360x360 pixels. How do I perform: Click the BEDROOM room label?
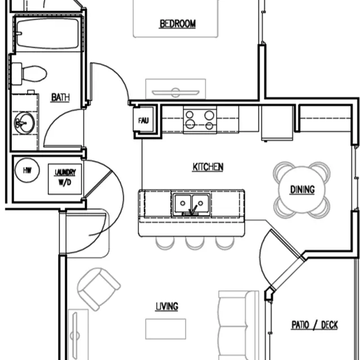(x=177, y=24)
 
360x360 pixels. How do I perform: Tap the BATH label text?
(x=60, y=97)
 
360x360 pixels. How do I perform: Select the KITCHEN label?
(x=208, y=166)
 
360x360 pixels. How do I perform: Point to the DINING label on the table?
(x=302, y=190)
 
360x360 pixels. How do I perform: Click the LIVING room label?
(x=166, y=306)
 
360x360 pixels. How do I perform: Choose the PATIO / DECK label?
(x=314, y=325)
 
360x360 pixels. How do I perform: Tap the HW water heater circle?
(x=26, y=170)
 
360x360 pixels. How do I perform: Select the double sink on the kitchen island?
(x=191, y=203)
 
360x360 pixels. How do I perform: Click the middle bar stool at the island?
(x=194, y=242)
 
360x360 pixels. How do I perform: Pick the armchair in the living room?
(x=98, y=288)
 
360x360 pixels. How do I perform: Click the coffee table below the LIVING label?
(x=165, y=328)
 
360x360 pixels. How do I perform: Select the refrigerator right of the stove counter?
(x=275, y=123)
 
